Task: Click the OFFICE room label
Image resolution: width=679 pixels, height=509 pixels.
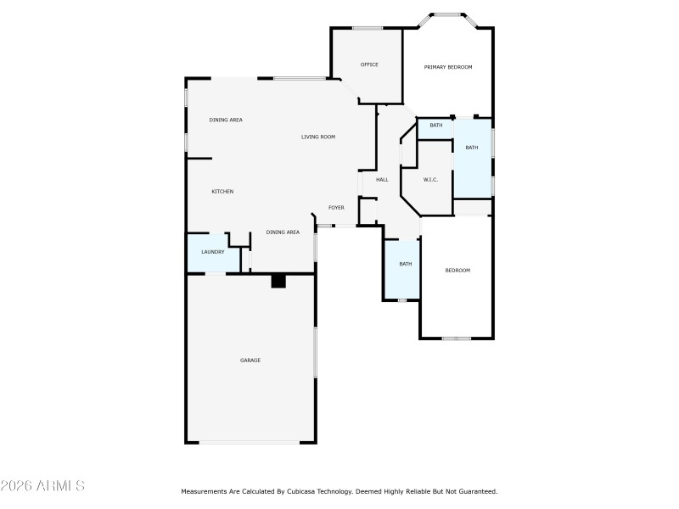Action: click(x=368, y=64)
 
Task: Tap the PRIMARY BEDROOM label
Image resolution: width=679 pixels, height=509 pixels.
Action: click(x=448, y=67)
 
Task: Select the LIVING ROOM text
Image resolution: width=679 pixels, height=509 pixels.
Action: click(x=318, y=137)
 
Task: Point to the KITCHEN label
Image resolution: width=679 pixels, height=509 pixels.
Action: click(x=222, y=192)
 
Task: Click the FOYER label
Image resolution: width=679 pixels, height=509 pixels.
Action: click(x=336, y=208)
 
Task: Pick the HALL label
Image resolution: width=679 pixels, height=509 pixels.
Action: click(x=382, y=179)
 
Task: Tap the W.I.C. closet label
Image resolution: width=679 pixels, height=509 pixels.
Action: click(x=430, y=179)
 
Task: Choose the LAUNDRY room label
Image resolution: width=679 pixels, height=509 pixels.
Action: click(x=212, y=252)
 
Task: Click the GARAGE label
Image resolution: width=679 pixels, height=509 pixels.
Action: click(x=250, y=361)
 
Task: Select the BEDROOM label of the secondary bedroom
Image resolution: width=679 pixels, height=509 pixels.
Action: click(x=457, y=271)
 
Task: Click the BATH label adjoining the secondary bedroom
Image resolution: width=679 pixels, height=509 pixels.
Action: click(x=406, y=264)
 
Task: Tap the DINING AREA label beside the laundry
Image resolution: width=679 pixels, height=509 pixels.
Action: click(x=283, y=232)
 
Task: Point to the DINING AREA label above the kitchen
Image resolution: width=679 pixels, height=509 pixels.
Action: click(x=226, y=120)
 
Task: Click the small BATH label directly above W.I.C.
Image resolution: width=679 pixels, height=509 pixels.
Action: click(x=435, y=126)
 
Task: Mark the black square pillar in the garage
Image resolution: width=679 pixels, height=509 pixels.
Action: click(x=278, y=281)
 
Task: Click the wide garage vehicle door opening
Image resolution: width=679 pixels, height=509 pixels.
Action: click(x=250, y=442)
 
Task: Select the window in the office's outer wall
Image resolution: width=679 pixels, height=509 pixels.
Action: click(x=368, y=28)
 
